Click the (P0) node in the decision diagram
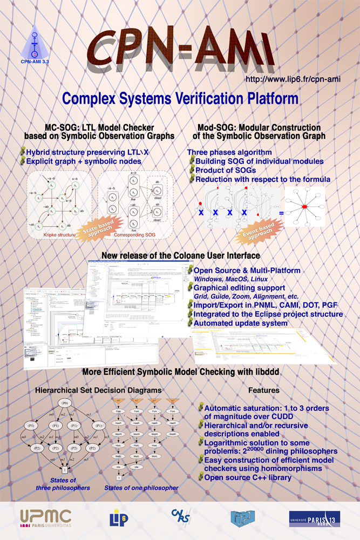click(x=65, y=403)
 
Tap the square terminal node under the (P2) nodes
click(x=65, y=471)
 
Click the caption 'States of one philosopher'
click(x=141, y=488)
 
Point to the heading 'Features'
click(x=263, y=389)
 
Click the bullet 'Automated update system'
click(x=241, y=322)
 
